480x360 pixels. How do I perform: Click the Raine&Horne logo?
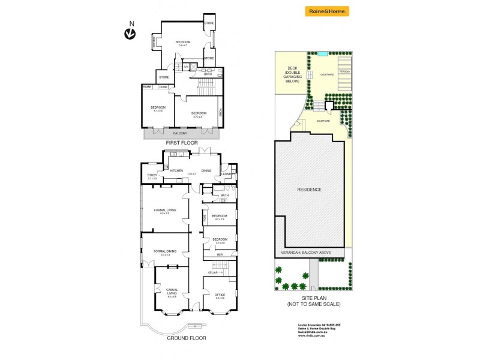(x=327, y=11)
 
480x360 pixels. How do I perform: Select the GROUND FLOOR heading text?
(x=186, y=338)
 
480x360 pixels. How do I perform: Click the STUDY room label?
(x=152, y=175)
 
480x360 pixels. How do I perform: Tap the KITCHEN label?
(x=176, y=170)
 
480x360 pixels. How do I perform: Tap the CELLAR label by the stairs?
(x=212, y=272)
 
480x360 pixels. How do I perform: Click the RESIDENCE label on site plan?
(x=309, y=190)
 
